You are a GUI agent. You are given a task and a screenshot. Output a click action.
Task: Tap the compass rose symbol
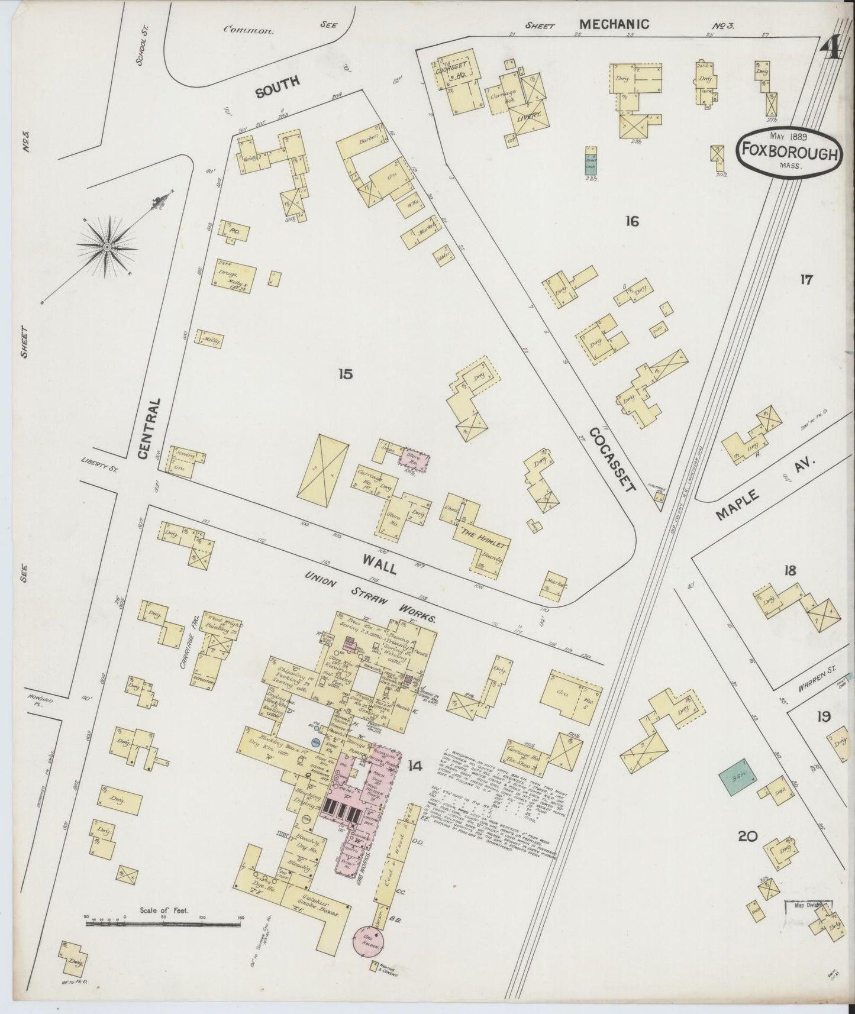pyautogui.click(x=107, y=247)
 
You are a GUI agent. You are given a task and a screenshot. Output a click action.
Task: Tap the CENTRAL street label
pyautogui.click(x=148, y=428)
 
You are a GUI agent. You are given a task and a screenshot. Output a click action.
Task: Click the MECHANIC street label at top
pyautogui.click(x=614, y=24)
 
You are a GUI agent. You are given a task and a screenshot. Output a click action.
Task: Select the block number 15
pyautogui.click(x=346, y=374)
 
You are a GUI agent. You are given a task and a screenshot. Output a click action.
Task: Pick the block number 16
pyautogui.click(x=632, y=221)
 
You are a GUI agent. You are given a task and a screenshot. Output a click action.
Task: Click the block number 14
pyautogui.click(x=414, y=767)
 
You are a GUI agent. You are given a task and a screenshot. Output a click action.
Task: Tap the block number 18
pyautogui.click(x=789, y=570)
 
